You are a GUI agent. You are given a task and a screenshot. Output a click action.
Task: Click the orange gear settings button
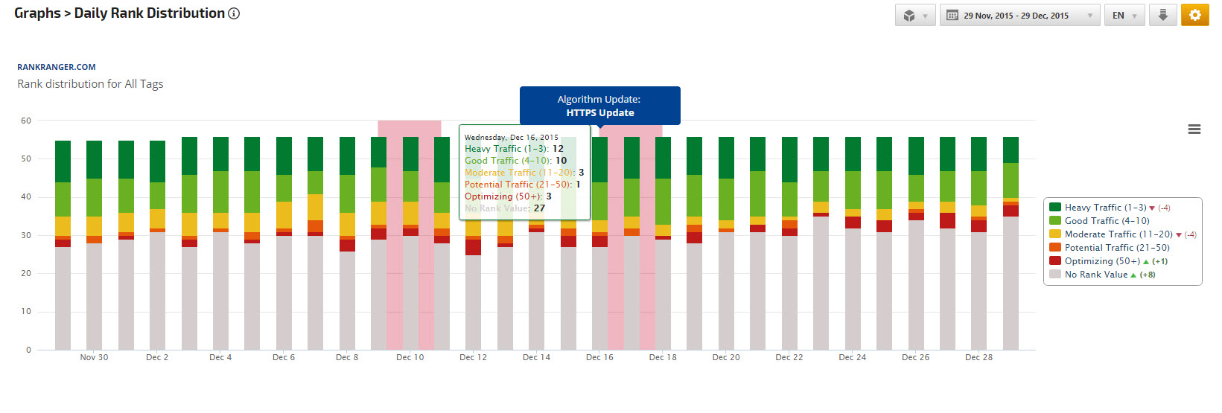1194,15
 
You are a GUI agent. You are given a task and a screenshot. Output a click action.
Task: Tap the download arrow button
1162,15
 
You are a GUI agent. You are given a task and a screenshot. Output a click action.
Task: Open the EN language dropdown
1124,15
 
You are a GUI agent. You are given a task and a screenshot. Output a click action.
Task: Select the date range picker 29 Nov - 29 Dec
1019,15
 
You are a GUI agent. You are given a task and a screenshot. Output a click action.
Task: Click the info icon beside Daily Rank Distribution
234,13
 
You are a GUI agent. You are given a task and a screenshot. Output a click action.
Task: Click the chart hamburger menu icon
1194,129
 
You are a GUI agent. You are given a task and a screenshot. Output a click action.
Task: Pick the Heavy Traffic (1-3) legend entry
1105,208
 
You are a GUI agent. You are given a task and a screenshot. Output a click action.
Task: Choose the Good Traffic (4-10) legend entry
1107,221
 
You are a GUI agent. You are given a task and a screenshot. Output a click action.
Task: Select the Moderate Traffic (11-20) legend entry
1118,234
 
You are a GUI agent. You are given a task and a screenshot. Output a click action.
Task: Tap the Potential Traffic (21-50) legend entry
1116,248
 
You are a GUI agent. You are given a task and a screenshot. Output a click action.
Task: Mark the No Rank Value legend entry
1095,275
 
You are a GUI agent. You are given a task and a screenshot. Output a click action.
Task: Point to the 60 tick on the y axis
26,121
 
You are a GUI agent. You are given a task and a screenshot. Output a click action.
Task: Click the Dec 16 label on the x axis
599,357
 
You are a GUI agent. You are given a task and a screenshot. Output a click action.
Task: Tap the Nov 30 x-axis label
94,357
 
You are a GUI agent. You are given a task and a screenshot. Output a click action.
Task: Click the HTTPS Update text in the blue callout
600,113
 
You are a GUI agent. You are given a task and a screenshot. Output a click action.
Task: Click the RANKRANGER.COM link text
57,67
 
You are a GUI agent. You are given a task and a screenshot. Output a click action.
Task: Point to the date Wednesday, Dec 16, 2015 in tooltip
511,137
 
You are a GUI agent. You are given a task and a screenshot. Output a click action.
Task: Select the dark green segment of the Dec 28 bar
978,154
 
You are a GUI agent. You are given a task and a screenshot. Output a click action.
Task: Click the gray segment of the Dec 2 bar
157,290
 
